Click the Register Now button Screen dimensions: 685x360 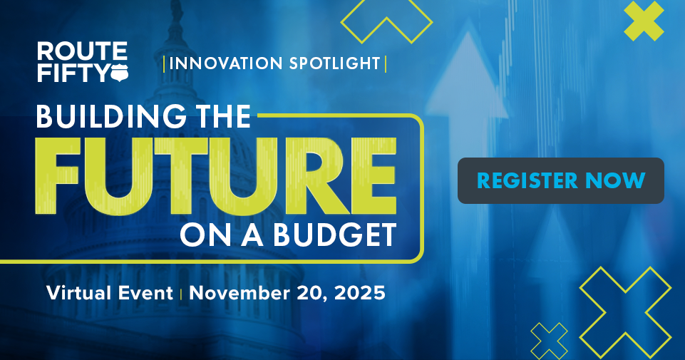tap(560, 180)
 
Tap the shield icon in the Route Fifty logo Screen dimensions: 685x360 tap(119, 73)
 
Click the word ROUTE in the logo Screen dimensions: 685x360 tap(82, 51)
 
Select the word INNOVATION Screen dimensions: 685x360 tap(226, 63)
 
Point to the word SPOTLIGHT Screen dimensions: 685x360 tap(334, 63)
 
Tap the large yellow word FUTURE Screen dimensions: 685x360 tap(215, 176)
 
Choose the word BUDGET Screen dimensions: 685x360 tap(335, 235)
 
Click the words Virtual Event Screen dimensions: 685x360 tap(110, 293)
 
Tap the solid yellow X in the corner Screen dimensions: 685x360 tap(644, 21)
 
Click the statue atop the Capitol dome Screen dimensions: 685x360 tap(177, 11)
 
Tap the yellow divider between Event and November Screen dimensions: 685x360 tap(181, 294)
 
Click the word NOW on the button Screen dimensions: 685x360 tap(615, 180)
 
